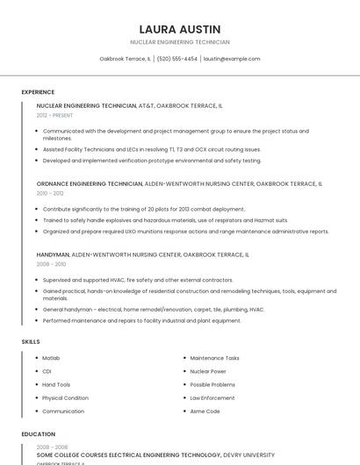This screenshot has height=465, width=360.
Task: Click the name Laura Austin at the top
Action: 180,29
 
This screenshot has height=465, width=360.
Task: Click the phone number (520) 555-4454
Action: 176,59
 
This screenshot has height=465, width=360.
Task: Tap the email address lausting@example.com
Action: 232,59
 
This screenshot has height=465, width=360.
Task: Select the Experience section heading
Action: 38,92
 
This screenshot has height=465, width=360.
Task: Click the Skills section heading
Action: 30,341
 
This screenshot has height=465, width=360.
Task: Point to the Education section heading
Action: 38,434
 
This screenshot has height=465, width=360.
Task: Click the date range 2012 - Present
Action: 54,115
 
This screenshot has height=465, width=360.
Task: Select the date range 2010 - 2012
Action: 50,193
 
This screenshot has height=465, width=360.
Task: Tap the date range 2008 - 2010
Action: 51,263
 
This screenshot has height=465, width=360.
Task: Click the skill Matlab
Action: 51,358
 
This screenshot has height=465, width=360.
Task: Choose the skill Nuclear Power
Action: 208,371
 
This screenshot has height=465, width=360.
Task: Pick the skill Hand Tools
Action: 56,384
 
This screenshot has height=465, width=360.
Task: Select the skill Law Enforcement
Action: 212,397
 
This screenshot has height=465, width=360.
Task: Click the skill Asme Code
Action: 205,411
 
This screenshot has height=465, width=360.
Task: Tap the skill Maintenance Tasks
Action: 214,358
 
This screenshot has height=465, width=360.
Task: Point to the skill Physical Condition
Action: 65,397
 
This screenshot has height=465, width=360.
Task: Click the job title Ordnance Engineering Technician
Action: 89,184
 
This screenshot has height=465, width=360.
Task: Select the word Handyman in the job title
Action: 52,254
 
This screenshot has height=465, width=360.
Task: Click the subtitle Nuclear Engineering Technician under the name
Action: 180,42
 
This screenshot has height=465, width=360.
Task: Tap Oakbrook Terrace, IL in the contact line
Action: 125,59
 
